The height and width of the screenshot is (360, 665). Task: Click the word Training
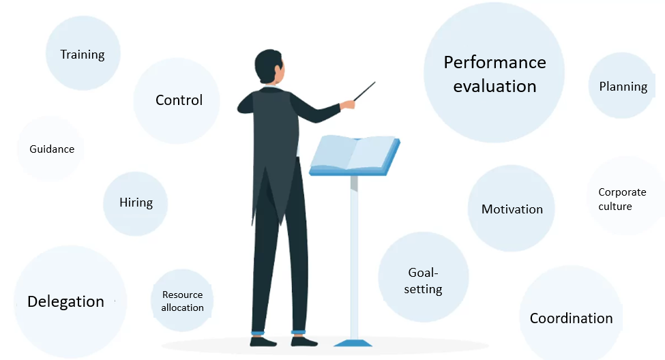coord(83,55)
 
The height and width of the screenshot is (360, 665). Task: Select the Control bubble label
coord(179,100)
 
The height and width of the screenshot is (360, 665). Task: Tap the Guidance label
coord(52,149)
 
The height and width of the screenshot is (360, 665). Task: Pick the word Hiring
coord(136,202)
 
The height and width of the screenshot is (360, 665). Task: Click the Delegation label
coord(65,301)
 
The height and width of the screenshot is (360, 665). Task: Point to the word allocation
coord(182,307)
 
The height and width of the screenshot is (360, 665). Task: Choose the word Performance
coord(495,62)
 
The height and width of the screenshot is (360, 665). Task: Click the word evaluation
coord(495,87)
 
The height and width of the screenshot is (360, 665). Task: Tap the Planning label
coord(623,87)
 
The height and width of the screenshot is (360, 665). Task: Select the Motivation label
coord(512,209)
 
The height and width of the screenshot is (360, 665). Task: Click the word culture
coord(615,207)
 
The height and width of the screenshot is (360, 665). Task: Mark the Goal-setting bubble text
coord(423,281)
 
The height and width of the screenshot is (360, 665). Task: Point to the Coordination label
coord(572,318)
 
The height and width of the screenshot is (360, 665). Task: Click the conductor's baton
coord(365,91)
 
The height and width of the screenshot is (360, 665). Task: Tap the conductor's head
coord(269,67)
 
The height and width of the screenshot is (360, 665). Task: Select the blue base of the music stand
coord(353,343)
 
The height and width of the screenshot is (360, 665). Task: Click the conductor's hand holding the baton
coord(349,104)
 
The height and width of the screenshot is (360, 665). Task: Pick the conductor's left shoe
coord(263,342)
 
